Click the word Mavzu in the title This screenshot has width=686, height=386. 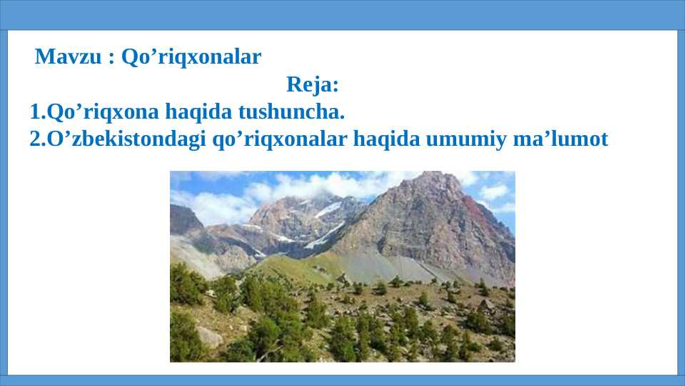click(x=68, y=56)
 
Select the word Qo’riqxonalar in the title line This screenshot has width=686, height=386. click(x=191, y=57)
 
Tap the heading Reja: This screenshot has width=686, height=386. click(x=313, y=84)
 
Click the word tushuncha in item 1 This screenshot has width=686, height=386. click(x=291, y=112)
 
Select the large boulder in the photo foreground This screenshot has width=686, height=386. click(x=210, y=337)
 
